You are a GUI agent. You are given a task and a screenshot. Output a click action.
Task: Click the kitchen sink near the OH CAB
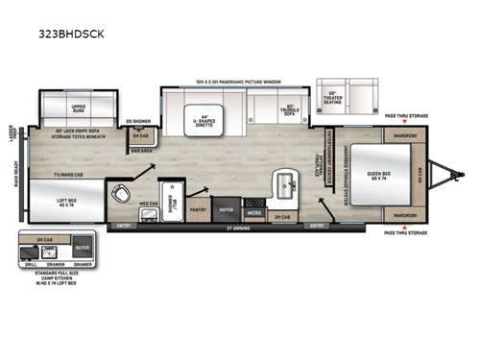click(284, 181)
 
